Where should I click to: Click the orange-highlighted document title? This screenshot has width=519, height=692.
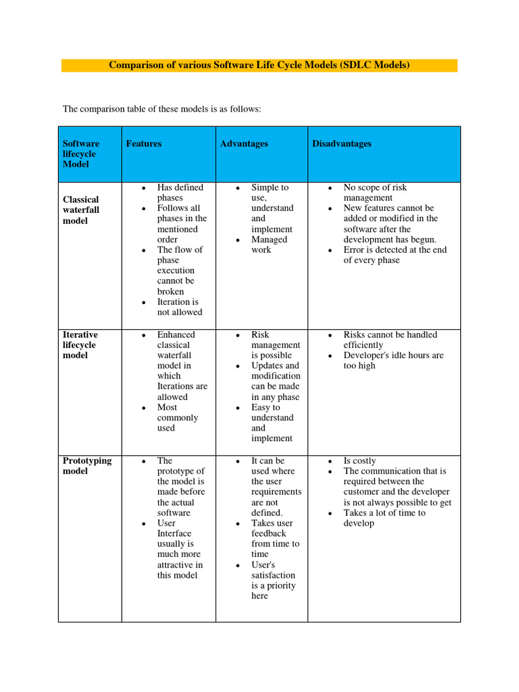point(259,66)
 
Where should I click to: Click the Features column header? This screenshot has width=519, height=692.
point(143,144)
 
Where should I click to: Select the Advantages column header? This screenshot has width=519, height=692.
point(244,144)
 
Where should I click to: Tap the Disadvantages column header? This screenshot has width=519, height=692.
point(341,144)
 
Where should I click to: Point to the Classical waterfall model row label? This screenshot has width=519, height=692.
point(81,210)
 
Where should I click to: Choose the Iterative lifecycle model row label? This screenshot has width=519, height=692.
point(80,345)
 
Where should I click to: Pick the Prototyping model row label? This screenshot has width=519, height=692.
point(87,466)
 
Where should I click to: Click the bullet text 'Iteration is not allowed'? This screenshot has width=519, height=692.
point(179,307)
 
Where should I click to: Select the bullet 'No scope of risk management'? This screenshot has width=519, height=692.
point(375,193)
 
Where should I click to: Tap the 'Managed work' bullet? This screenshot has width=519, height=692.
point(269,245)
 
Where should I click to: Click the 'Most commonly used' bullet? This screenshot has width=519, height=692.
point(178,418)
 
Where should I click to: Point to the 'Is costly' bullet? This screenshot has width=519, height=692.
point(360,461)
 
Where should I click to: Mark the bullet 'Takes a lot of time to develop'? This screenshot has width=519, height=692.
point(384,518)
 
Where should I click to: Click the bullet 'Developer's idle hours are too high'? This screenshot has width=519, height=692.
point(393,360)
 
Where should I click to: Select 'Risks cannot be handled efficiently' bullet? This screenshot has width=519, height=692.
point(390,339)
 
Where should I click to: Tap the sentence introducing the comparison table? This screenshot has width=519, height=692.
point(162,109)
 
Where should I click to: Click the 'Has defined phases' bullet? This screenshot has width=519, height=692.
point(180,193)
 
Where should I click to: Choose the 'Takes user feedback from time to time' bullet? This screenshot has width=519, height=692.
point(274,539)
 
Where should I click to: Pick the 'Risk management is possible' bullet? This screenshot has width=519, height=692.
point(275,345)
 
